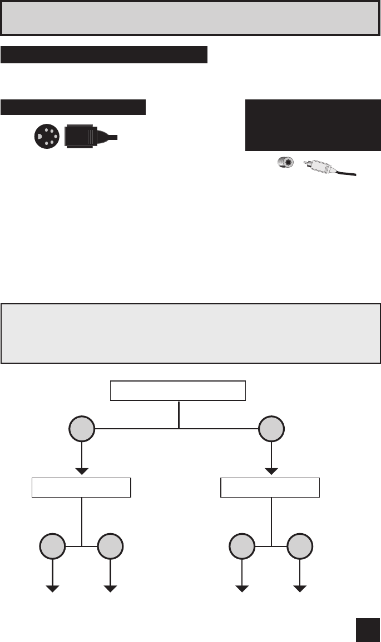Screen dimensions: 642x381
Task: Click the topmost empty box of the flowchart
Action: click(178, 391)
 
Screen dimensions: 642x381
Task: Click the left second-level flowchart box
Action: click(82, 487)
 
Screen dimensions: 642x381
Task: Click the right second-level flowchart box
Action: click(270, 487)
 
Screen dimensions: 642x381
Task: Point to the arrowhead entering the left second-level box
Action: click(82, 471)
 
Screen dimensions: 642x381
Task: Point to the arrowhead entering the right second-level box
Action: click(271, 471)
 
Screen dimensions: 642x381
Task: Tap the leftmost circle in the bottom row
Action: click(53, 546)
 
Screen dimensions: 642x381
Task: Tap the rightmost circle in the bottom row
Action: click(300, 546)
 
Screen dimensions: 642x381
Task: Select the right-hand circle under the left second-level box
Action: click(111, 546)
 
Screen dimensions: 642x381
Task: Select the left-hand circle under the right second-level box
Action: click(243, 546)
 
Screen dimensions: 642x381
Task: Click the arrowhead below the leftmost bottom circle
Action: click(53, 589)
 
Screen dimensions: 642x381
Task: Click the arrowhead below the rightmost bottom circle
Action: click(300, 589)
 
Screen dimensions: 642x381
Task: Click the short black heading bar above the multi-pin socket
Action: click(73, 107)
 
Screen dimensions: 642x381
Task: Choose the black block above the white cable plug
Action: click(313, 125)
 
